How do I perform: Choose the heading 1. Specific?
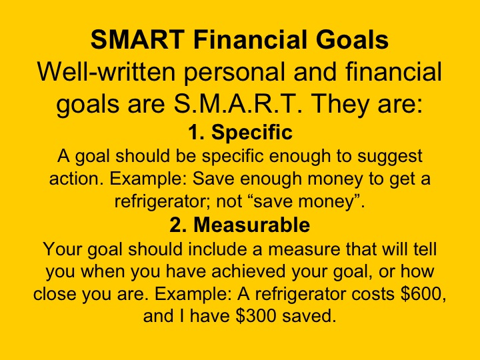(x=239, y=133)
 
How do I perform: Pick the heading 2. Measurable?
(x=239, y=225)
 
